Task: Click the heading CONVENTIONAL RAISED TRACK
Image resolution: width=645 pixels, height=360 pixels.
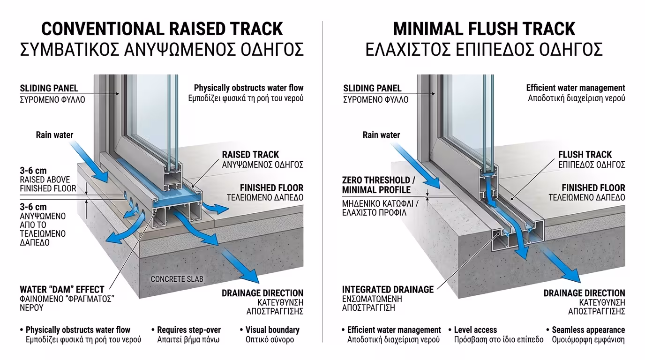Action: pyautogui.click(x=162, y=29)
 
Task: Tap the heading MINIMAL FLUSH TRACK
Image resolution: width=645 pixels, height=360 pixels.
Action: pyautogui.click(x=484, y=29)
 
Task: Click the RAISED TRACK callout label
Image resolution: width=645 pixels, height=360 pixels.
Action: pyautogui.click(x=250, y=155)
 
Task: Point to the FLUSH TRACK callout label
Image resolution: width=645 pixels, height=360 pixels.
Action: pyautogui.click(x=585, y=155)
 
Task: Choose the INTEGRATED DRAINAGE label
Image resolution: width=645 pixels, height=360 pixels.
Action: pyautogui.click(x=388, y=290)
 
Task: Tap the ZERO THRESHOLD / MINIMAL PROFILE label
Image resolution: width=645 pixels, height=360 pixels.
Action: pyautogui.click(x=378, y=185)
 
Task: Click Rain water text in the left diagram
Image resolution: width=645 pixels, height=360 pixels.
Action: pyautogui.click(x=54, y=135)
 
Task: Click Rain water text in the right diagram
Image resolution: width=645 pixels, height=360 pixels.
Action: pyautogui.click(x=381, y=135)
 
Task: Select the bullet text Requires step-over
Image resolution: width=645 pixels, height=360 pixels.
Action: pyautogui.click(x=188, y=330)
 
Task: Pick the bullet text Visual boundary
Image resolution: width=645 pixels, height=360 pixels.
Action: pyautogui.click(x=272, y=330)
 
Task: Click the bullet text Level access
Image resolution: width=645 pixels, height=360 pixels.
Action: pyautogui.click(x=475, y=330)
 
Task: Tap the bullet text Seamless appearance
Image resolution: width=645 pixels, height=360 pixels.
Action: pyautogui.click(x=588, y=330)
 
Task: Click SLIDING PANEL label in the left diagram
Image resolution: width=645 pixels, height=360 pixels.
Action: pyautogui.click(x=49, y=88)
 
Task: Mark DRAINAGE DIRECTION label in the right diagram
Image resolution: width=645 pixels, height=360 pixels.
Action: pyautogui.click(x=584, y=293)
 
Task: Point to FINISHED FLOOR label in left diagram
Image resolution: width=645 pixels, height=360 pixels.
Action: pyautogui.click(x=271, y=188)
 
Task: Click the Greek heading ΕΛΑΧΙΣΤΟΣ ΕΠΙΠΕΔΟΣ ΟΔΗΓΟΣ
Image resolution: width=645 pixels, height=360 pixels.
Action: pyautogui.click(x=484, y=49)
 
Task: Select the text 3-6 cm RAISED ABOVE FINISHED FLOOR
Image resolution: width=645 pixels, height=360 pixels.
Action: pyautogui.click(x=47, y=180)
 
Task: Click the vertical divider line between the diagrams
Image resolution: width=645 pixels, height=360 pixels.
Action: pyautogui.click(x=322, y=187)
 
